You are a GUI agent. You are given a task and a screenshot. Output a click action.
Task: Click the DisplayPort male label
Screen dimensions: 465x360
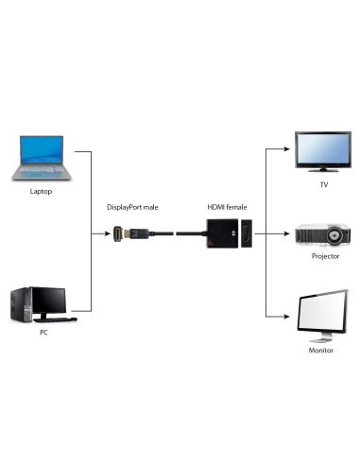coord(132,206)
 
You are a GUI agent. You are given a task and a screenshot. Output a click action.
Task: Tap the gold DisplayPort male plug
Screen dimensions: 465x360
coord(121,232)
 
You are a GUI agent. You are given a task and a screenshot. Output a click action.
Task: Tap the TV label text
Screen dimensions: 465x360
coord(324,185)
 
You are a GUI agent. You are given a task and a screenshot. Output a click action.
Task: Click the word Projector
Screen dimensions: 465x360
coord(324,256)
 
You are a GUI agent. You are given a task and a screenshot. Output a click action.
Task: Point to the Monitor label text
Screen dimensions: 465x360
coord(322,349)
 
